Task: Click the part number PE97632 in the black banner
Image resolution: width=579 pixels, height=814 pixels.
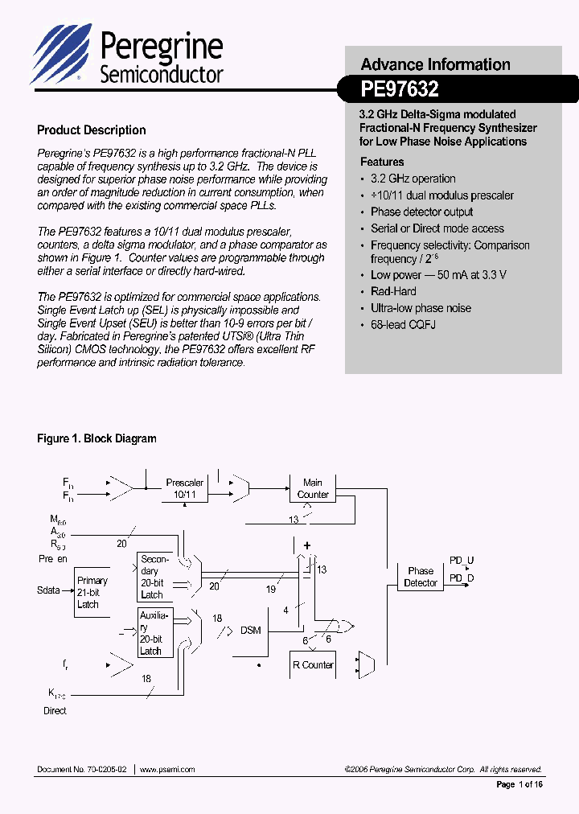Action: click(x=400, y=89)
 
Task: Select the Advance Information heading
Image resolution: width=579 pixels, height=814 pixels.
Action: click(x=435, y=64)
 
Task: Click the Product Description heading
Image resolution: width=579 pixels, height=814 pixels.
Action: click(x=92, y=130)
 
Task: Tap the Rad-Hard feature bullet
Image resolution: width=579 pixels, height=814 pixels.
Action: click(x=393, y=291)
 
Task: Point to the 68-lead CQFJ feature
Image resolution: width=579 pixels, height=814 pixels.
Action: click(x=403, y=324)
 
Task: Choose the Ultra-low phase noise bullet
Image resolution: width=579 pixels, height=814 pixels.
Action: click(x=421, y=308)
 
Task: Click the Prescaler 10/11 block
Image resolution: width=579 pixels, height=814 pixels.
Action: click(x=185, y=488)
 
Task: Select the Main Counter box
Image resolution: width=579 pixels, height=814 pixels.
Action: click(x=313, y=488)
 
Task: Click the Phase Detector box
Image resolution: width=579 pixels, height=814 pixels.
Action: click(x=421, y=577)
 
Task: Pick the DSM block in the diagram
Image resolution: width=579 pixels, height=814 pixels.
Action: click(x=251, y=630)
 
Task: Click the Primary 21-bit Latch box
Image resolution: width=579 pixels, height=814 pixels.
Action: click(x=92, y=593)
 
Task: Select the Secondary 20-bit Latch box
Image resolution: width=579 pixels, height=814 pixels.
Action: click(x=154, y=577)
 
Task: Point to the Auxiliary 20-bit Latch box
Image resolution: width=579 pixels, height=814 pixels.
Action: click(x=154, y=633)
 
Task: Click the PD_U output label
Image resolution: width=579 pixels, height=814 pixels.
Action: click(x=462, y=561)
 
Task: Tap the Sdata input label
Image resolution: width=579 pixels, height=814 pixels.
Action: click(x=49, y=590)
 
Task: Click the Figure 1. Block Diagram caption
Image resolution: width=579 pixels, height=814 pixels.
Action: click(x=96, y=438)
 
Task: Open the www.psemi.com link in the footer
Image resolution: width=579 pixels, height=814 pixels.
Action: click(x=167, y=770)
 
